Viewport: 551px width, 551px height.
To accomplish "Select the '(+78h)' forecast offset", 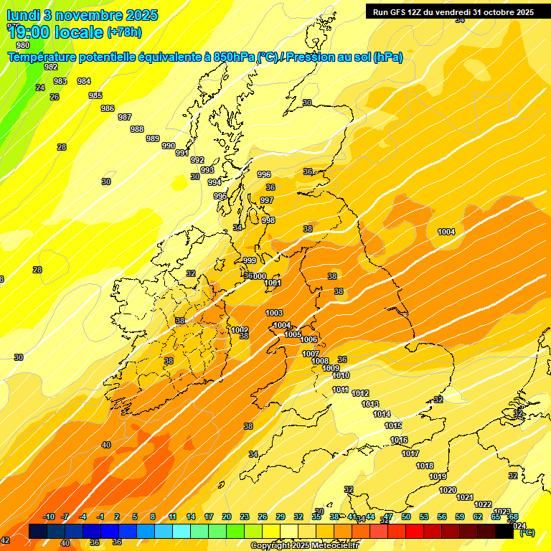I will (x=125, y=32).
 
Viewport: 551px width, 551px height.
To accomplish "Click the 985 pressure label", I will (x=95, y=95).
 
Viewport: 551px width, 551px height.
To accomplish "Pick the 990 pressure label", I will (x=169, y=146).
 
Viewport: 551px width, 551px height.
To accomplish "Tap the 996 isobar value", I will (x=264, y=174).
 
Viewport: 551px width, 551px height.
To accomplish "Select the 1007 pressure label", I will (x=311, y=354).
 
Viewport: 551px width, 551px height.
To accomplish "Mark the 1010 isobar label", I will (x=341, y=375).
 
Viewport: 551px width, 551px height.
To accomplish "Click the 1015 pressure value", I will (x=393, y=425).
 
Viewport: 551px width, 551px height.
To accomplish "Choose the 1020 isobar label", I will (x=448, y=490).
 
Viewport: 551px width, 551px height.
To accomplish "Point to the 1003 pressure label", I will (x=274, y=313).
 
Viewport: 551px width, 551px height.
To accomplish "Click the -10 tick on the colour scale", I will (x=49, y=517).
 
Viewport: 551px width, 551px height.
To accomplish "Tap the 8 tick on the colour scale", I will (x=153, y=517).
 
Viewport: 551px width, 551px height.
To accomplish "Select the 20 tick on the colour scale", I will (x=226, y=517).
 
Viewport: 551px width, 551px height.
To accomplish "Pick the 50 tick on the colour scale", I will (x=406, y=517).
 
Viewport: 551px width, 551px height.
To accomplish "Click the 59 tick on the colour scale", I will (x=460, y=517).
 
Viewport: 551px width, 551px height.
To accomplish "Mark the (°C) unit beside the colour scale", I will (x=526, y=532).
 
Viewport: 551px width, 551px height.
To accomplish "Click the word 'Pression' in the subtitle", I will (x=312, y=57).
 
